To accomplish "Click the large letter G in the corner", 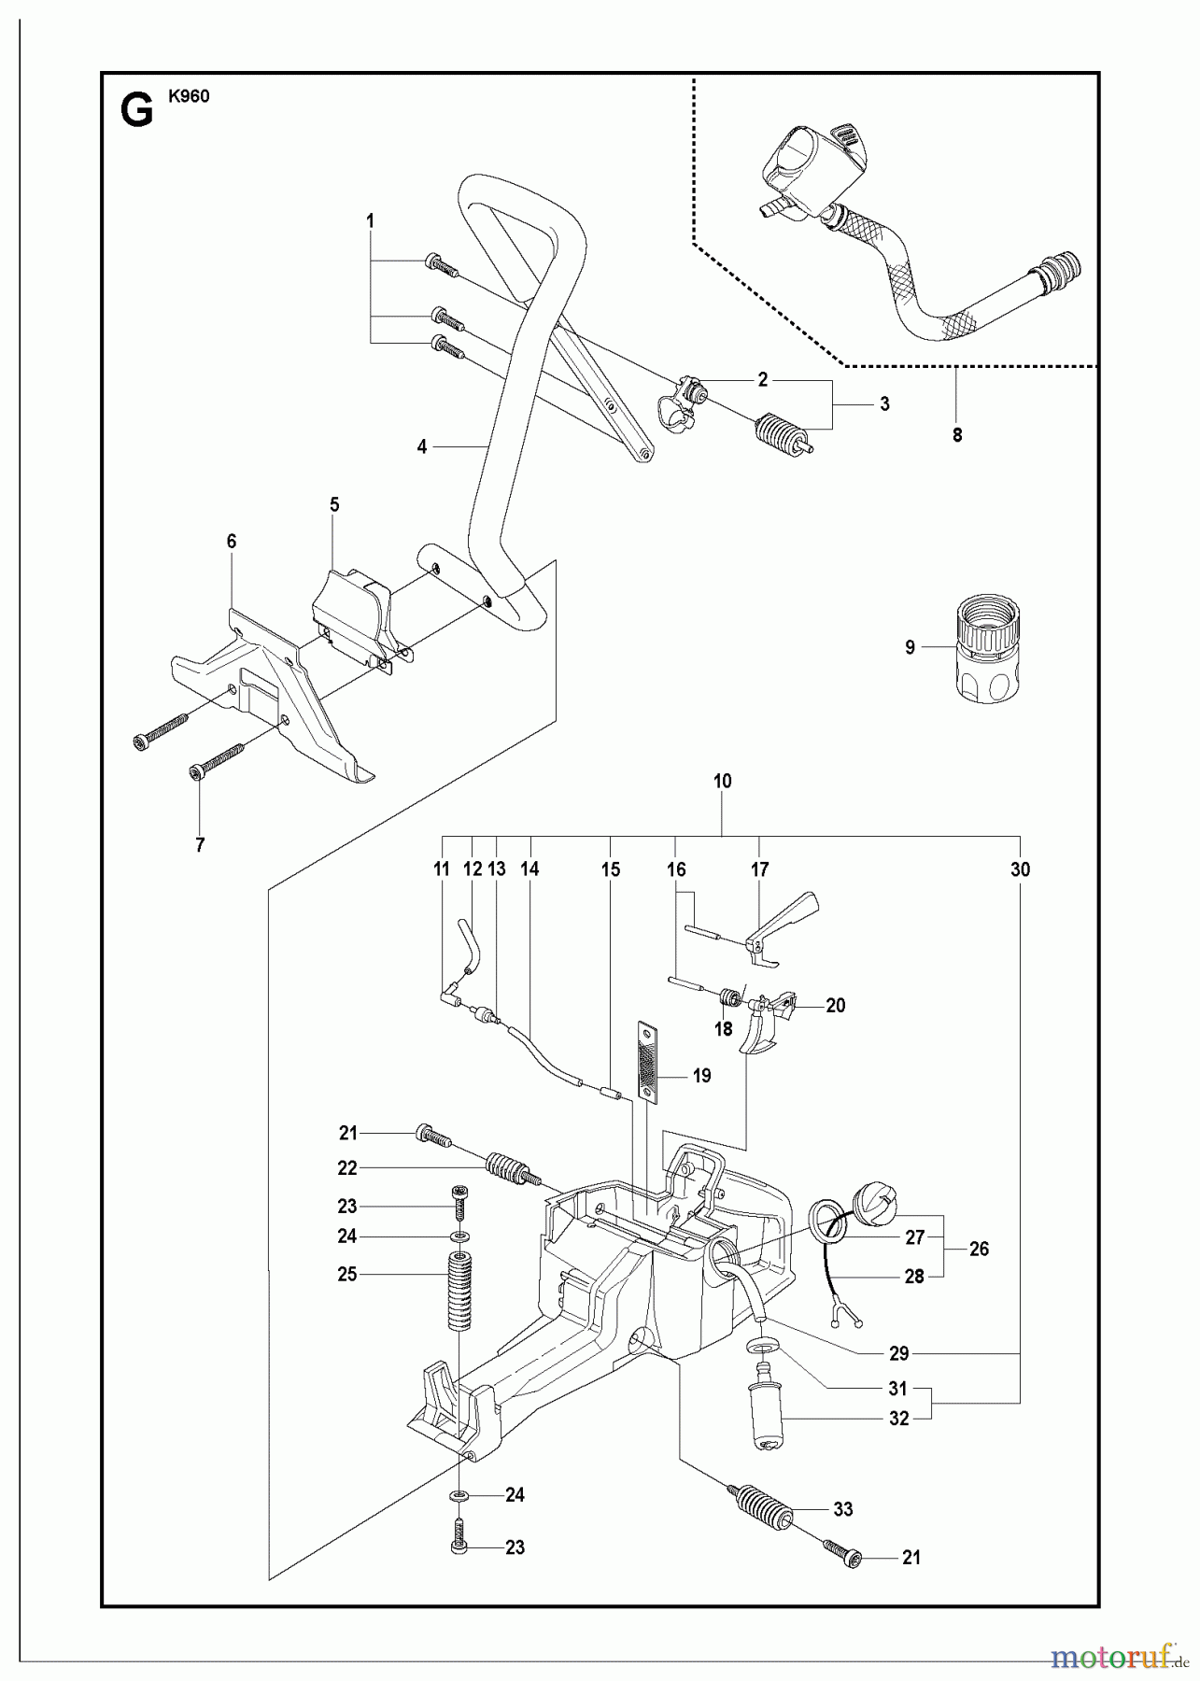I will pyautogui.click(x=137, y=113).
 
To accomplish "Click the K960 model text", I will pyautogui.click(x=189, y=95).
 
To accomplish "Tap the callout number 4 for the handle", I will pyautogui.click(x=422, y=447).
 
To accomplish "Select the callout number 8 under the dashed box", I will pyautogui.click(x=957, y=434).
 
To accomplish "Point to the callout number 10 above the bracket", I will pyautogui.click(x=722, y=781).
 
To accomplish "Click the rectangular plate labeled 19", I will pyautogui.click(x=646, y=1061).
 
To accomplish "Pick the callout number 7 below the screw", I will pyautogui.click(x=201, y=845).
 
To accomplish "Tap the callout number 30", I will pyautogui.click(x=1020, y=869).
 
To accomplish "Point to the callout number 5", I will pyautogui.click(x=334, y=505).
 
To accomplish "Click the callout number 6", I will pyautogui.click(x=232, y=541).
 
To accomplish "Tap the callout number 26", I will pyautogui.click(x=979, y=1249).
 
